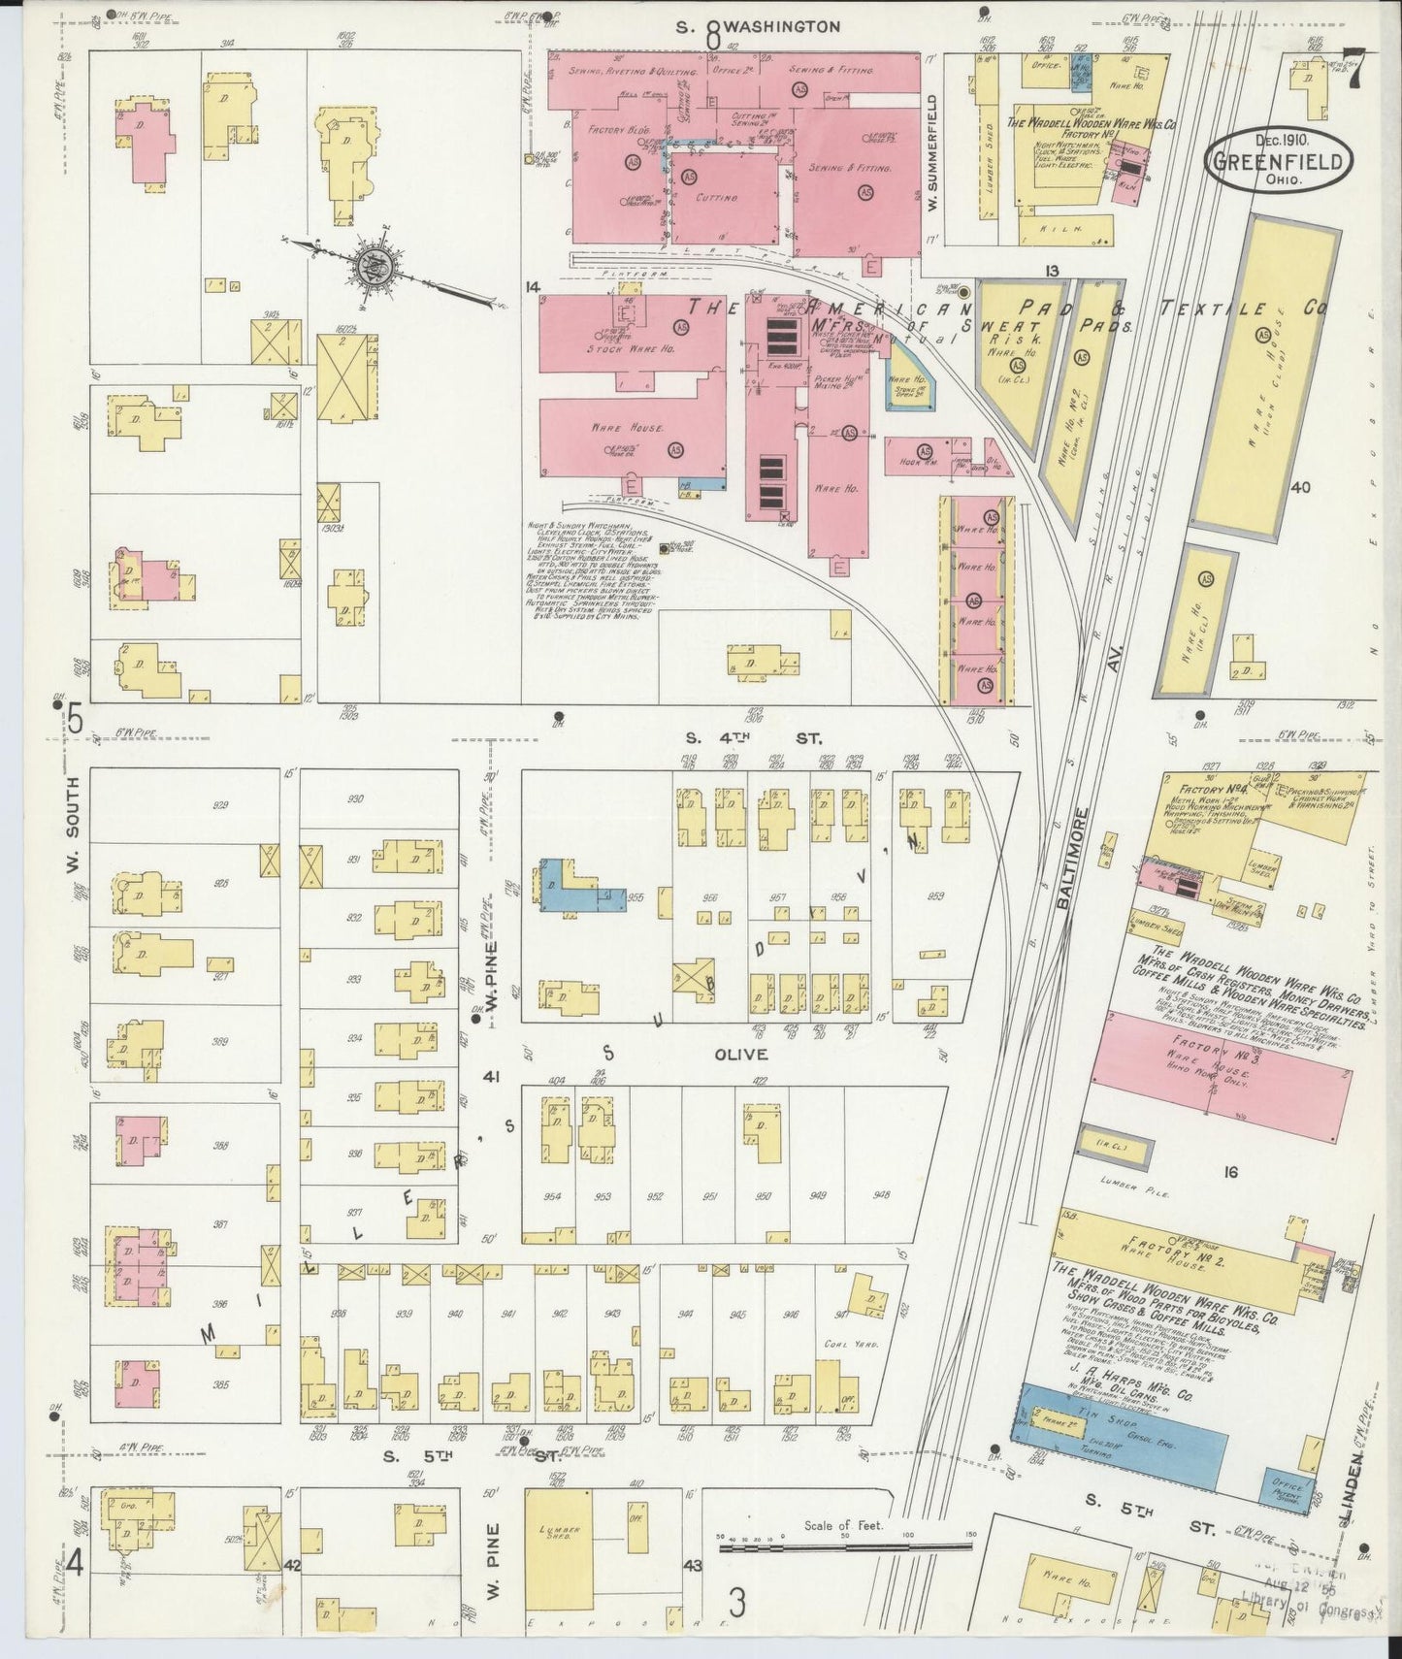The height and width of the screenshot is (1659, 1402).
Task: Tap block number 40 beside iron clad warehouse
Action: point(1300,487)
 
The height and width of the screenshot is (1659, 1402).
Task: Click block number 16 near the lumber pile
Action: point(1230,1172)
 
